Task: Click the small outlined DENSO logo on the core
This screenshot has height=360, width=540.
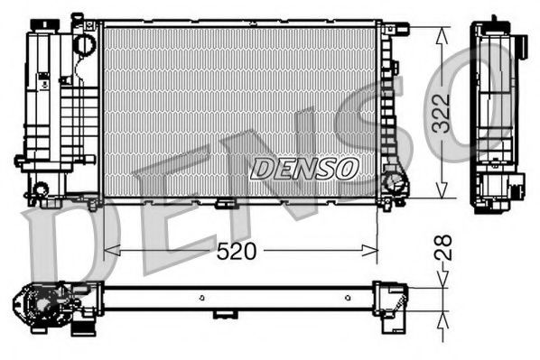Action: pyautogui.click(x=304, y=168)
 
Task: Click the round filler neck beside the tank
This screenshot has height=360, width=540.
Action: pyautogui.click(x=85, y=42)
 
